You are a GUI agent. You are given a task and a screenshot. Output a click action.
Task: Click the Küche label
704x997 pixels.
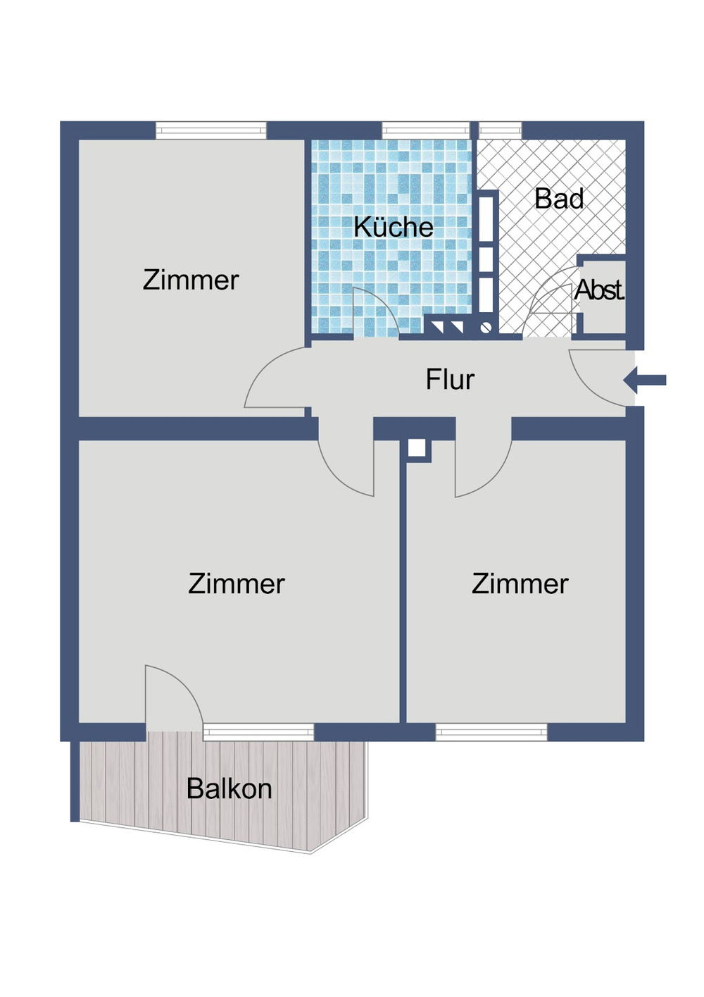click(393, 227)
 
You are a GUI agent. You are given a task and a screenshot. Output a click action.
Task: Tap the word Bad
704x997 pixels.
click(559, 199)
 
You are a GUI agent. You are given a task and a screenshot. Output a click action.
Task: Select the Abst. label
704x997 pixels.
click(599, 290)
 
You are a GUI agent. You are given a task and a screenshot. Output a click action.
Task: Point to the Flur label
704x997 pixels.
click(450, 380)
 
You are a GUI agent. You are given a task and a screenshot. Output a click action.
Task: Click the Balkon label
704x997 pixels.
click(229, 788)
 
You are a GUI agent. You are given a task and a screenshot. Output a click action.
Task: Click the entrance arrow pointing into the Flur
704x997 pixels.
click(645, 380)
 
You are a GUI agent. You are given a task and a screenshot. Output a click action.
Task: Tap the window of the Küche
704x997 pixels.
click(425, 130)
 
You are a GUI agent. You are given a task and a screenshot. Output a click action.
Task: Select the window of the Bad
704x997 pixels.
click(500, 130)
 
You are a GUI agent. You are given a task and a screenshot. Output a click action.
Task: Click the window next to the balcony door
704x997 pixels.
click(258, 732)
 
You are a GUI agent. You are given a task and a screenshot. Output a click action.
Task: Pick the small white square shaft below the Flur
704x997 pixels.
click(417, 448)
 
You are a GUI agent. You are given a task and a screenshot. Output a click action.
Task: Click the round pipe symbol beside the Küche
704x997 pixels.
click(485, 327)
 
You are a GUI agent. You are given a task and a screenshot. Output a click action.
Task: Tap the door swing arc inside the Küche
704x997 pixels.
click(377, 310)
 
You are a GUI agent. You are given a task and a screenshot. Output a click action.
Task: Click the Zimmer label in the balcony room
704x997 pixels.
click(236, 584)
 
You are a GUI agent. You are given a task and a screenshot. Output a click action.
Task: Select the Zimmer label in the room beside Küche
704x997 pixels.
click(191, 280)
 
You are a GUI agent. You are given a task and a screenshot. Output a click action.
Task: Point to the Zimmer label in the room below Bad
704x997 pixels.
click(520, 584)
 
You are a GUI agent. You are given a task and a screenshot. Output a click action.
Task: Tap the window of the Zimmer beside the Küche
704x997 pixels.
click(210, 130)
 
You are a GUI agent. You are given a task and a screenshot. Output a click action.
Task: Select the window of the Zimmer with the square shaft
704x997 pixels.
click(491, 733)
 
